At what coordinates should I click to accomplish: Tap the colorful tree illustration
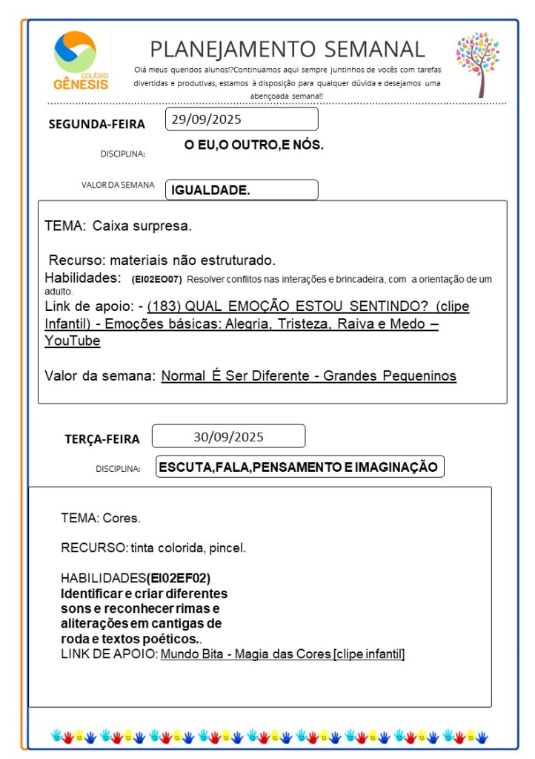point(477,62)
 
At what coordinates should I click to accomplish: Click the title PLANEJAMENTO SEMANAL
point(288,49)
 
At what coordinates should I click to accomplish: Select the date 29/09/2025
point(207,119)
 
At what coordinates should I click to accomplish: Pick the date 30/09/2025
point(228,436)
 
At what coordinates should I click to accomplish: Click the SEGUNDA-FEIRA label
point(96,124)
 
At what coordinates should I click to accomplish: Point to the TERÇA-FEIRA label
point(102,439)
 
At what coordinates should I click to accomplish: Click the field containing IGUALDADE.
point(241,190)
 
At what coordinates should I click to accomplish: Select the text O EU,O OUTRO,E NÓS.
point(253,145)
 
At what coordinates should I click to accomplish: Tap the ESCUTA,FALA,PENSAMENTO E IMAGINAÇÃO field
point(299,467)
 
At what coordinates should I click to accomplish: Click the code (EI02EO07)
point(156,280)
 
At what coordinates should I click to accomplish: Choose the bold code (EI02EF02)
point(184,578)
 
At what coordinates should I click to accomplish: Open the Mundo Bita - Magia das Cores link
point(282,654)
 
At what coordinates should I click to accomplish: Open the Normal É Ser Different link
point(308,376)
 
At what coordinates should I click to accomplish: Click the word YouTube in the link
point(73,341)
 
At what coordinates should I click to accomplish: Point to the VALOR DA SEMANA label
point(118,185)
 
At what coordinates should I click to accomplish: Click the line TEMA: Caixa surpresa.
point(118,226)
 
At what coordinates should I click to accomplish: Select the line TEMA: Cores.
point(101,518)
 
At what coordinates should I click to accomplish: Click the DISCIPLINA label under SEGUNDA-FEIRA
point(122,154)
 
